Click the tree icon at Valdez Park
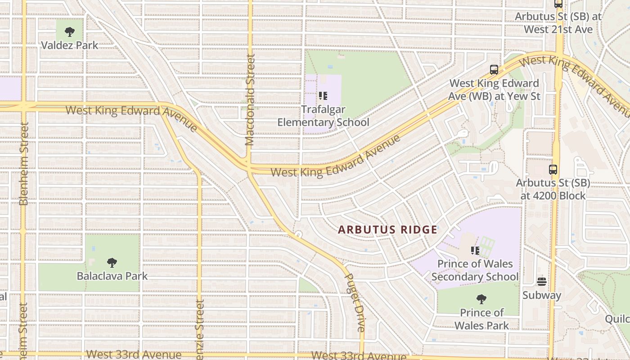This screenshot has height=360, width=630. [x=69, y=32]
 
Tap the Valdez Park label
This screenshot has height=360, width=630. [x=69, y=45]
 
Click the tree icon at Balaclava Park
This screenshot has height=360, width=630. [x=112, y=262]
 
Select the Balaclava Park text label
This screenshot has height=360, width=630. [x=112, y=276]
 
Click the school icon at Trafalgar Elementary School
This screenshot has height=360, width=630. [x=323, y=96]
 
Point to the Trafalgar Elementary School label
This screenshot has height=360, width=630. [x=323, y=116]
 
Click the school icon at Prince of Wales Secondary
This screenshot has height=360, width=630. [x=475, y=250]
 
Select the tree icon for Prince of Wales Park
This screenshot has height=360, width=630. [x=481, y=299]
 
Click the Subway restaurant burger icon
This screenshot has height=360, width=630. [x=542, y=282]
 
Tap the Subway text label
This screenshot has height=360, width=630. [x=542, y=296]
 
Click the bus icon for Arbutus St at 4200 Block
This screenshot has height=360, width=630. [x=553, y=170]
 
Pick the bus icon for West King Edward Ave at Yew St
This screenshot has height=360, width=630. [x=494, y=70]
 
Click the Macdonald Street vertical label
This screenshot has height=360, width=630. [x=250, y=100]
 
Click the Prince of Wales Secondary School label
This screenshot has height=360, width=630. [x=475, y=270]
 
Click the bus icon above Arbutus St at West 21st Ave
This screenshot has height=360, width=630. [x=558, y=4]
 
